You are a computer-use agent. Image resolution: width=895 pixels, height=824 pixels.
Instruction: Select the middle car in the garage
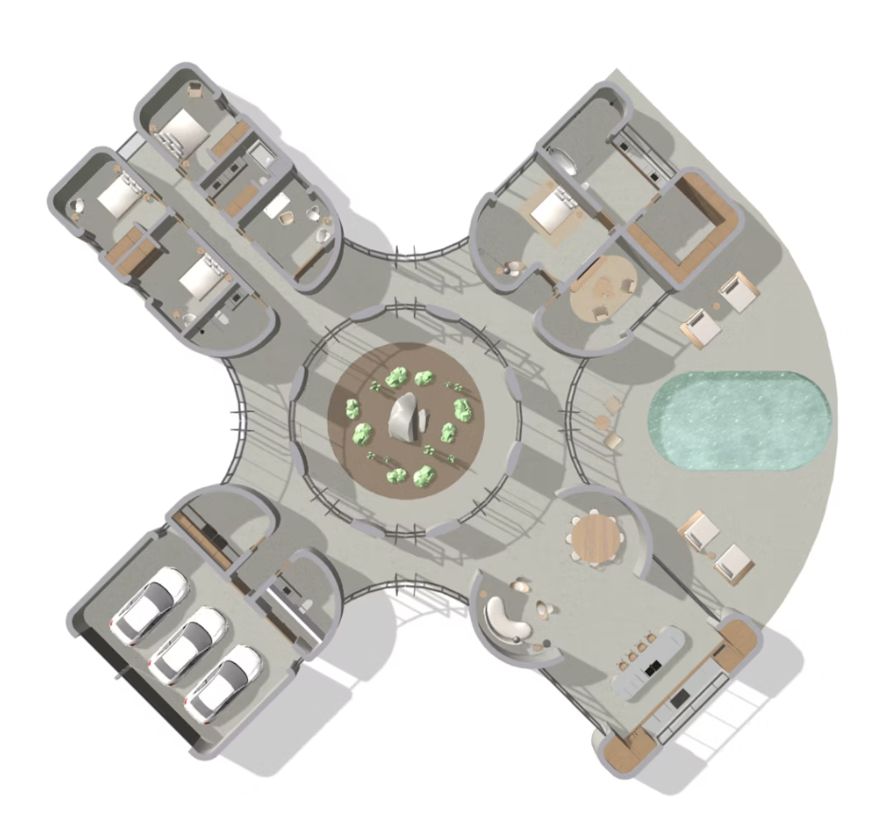pos(188,645)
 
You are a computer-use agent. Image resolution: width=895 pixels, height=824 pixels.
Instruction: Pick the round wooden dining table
pos(596,539)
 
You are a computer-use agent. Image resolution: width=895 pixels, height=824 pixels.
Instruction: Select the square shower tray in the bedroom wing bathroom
pos(260,154)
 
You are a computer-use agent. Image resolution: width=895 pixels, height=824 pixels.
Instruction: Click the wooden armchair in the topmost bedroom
pos(196,89)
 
